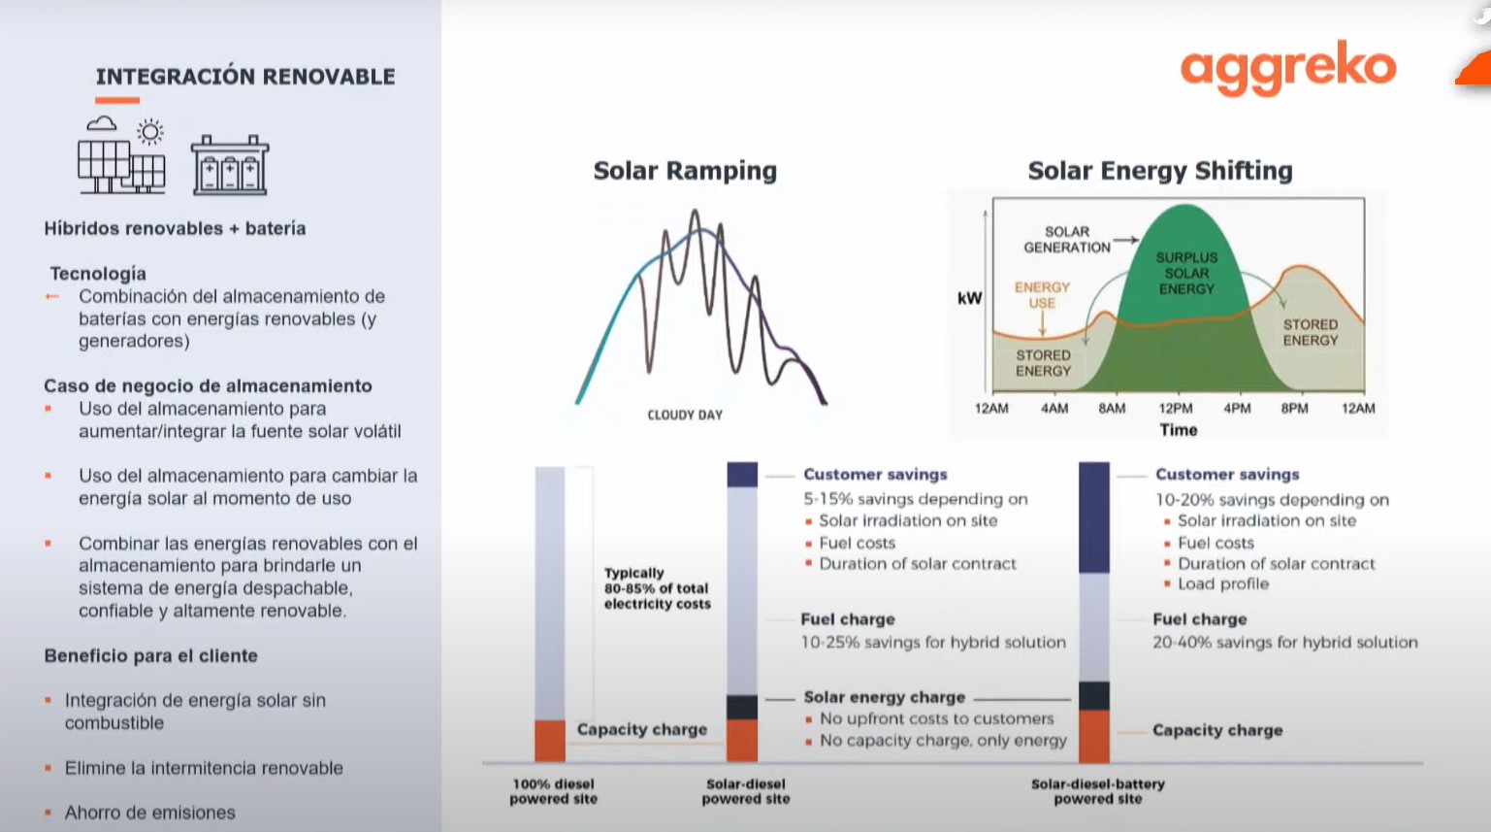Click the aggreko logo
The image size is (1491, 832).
click(x=1288, y=67)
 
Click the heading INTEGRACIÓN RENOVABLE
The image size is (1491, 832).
click(x=245, y=76)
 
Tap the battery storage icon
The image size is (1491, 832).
click(x=230, y=165)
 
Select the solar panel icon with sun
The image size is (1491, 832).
click(x=122, y=156)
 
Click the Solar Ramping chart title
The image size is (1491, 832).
click(x=685, y=171)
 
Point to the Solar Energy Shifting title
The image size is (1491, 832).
click(x=1160, y=171)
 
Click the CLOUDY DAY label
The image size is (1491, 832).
click(x=685, y=415)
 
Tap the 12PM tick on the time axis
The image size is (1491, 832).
click(x=1176, y=409)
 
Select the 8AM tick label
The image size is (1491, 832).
click(x=1112, y=409)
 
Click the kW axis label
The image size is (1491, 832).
click(x=970, y=298)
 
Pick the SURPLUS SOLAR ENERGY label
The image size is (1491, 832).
click(x=1186, y=273)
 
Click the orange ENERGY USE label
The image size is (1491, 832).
click(x=1042, y=295)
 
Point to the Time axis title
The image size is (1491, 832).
click(x=1179, y=430)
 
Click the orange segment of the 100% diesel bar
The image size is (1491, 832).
click(x=550, y=741)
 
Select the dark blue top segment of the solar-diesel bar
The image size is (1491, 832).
click(x=742, y=475)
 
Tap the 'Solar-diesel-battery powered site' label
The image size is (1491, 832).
click(x=1097, y=791)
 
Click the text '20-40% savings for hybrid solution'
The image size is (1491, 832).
click(x=1284, y=642)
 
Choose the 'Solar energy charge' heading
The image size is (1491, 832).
click(x=884, y=697)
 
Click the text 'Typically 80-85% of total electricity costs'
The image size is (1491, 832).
click(x=658, y=588)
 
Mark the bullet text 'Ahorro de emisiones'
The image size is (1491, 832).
click(x=149, y=813)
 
